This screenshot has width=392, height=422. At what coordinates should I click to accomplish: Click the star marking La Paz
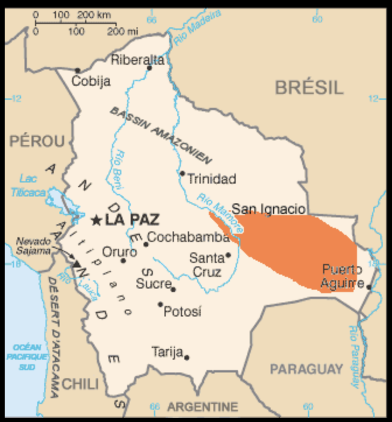(96, 220)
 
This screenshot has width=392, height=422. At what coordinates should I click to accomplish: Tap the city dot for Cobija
(78, 71)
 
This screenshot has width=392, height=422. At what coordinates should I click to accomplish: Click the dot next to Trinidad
(182, 173)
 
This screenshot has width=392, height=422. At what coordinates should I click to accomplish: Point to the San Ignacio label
(268, 209)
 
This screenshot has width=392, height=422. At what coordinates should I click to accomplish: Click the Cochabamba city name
(188, 237)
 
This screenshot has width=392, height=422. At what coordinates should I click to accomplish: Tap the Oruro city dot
(123, 261)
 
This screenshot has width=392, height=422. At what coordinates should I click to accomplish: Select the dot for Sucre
(173, 289)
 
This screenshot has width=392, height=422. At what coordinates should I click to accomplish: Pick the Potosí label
(182, 312)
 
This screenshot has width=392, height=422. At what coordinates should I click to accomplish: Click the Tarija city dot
(187, 357)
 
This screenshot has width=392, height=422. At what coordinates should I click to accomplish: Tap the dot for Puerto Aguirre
(369, 286)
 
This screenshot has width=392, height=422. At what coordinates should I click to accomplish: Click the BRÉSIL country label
(309, 88)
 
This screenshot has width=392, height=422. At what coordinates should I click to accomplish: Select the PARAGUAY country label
(306, 369)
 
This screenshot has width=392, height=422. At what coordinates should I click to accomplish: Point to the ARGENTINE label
(203, 406)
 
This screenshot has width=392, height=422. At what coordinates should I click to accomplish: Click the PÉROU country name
(37, 141)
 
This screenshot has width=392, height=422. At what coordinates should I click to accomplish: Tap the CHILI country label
(80, 384)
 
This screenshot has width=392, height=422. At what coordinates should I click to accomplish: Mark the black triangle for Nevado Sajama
(76, 263)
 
